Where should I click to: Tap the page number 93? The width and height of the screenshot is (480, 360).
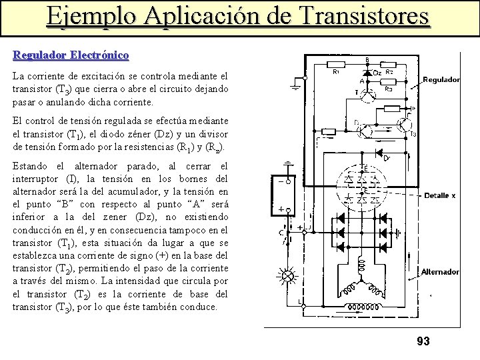coord(423,341)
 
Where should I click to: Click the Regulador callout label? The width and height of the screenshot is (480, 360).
coord(441,80)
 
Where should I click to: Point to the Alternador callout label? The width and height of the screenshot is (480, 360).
coord(440,271)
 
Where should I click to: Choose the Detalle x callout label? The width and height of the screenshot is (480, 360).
coord(441,195)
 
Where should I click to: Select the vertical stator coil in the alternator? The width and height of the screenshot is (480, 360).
coord(363,266)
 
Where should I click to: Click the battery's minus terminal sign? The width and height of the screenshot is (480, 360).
coord(288,179)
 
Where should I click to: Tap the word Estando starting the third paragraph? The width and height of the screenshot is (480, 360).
coord(31,165)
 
